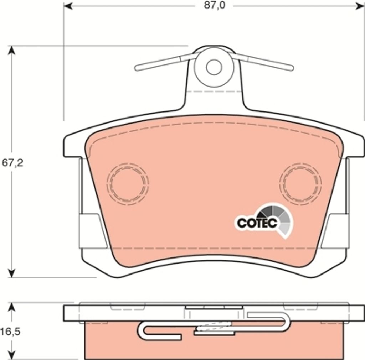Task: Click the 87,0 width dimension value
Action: [215, 5]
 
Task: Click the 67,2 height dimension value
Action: [12, 163]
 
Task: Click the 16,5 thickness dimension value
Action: [10, 332]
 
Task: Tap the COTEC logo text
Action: [257, 223]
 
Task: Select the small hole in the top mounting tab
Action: [214, 67]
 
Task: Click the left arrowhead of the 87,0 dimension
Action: [67, 6]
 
